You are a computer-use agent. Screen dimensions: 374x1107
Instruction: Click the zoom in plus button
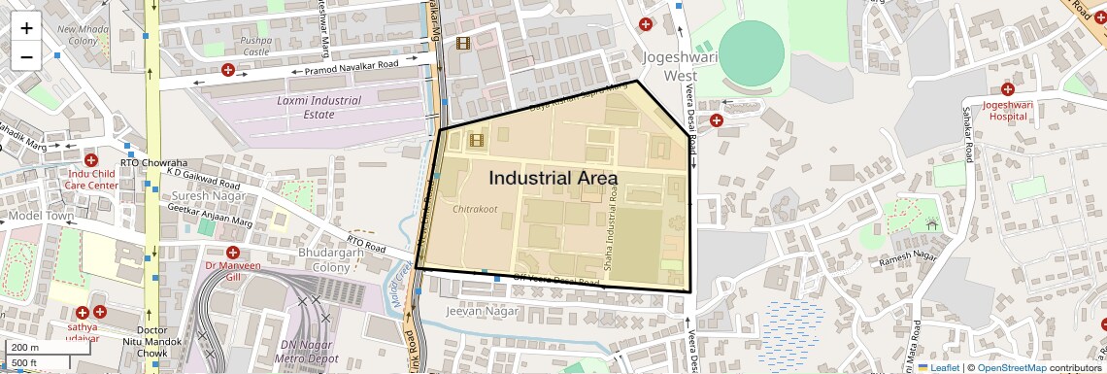point(26,28)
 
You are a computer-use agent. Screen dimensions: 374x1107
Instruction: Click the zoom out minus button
point(26,56)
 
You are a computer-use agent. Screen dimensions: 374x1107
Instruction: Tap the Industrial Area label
point(553,179)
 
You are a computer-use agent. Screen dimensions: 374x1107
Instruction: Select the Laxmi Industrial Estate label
point(319,107)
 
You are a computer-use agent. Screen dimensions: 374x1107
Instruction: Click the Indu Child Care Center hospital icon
point(91,160)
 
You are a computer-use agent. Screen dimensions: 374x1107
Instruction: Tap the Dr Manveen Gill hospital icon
point(233,252)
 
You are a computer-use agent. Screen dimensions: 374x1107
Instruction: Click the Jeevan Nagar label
point(477,312)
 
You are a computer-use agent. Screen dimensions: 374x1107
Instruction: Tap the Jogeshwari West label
point(668,66)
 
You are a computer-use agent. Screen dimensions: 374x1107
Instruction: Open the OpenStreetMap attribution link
point(1012,367)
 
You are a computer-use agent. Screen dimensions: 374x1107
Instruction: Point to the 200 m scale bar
point(25,348)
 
